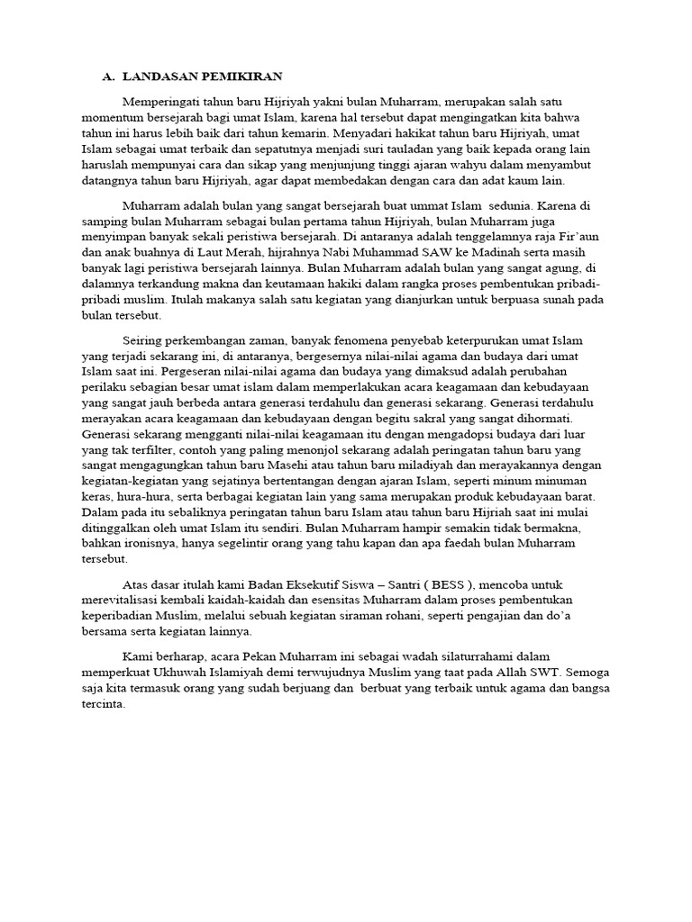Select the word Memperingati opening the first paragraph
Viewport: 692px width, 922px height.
(x=159, y=102)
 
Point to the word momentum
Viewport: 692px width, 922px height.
(x=113, y=118)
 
